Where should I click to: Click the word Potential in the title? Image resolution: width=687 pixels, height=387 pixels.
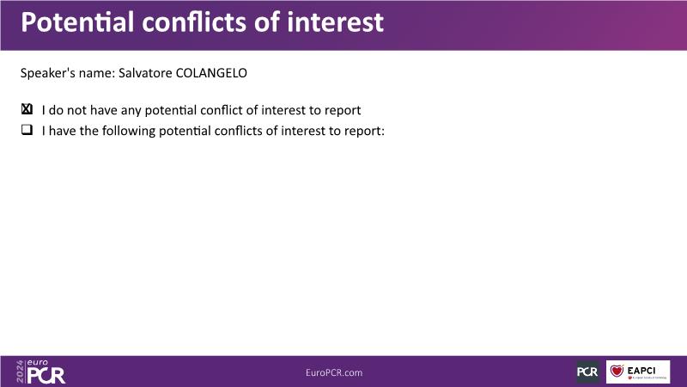77,22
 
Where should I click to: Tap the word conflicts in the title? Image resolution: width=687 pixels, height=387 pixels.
194,22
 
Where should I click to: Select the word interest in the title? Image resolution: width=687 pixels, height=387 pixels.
335,22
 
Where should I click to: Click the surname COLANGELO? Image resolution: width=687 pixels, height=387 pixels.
211,73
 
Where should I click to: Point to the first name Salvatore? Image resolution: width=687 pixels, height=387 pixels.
145,73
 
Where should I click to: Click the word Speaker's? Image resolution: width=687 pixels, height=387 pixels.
48,73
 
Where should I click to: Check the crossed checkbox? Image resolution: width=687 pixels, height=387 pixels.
27,109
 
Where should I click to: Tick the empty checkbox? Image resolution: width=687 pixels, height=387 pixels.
27,130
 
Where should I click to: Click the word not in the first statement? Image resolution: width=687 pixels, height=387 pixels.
76,110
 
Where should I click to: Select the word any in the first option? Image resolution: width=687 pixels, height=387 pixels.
131,111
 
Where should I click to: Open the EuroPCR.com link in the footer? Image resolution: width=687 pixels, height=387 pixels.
334,372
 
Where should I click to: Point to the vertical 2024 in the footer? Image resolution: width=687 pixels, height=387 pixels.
20,372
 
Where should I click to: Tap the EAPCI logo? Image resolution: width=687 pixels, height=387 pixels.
638,372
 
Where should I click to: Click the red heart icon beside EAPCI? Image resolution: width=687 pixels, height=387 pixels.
617,371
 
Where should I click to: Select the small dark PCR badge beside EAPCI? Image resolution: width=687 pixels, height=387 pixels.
587,372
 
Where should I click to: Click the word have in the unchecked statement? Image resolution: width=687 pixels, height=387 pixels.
62,131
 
